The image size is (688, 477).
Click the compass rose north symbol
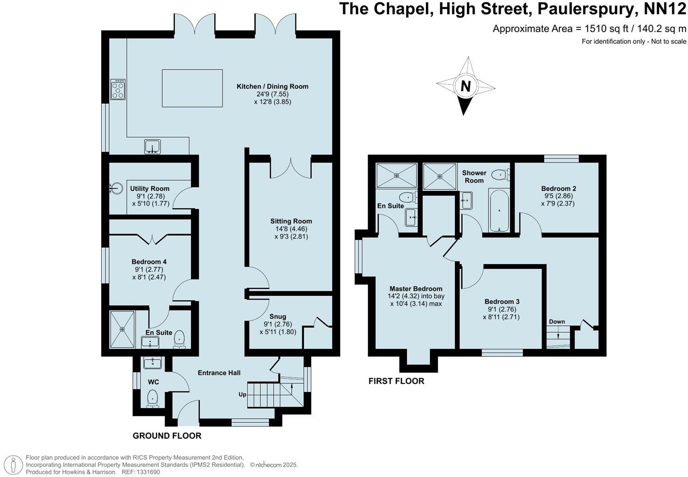point(466,86)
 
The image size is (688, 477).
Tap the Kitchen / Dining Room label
point(272,86)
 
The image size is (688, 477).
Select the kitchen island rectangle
point(192,88)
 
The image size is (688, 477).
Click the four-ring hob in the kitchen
point(118,89)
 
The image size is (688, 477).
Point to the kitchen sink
point(152,146)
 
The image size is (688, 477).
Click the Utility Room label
point(149,189)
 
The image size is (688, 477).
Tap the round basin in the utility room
point(116,188)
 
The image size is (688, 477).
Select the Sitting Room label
point(290,221)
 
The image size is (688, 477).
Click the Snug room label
point(278,317)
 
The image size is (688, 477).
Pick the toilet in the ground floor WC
point(152,398)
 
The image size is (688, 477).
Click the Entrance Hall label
point(219,373)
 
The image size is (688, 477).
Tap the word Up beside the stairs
point(242,394)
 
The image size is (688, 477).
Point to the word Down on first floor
point(557,322)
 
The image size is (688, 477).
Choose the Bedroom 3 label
point(502,301)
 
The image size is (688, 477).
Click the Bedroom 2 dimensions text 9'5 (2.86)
point(558,196)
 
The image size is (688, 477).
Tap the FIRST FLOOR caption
point(396,381)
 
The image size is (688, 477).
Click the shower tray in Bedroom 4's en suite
point(123,330)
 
